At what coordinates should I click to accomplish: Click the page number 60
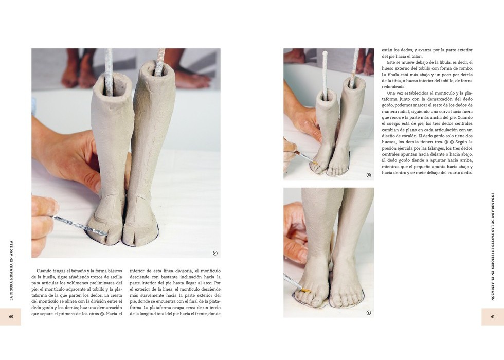[x=11, y=317]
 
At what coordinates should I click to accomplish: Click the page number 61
[x=493, y=317]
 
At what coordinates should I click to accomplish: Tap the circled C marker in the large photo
[x=215, y=253]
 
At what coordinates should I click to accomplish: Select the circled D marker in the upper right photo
[x=369, y=175]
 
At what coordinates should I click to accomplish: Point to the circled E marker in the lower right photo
[x=369, y=313]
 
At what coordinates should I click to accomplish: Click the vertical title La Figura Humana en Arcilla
[x=12, y=271]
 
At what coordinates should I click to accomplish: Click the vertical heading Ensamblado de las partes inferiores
[x=493, y=246]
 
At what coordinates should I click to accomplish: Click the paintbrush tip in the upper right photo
[x=313, y=163]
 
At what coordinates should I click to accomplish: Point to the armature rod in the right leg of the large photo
[x=160, y=62]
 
